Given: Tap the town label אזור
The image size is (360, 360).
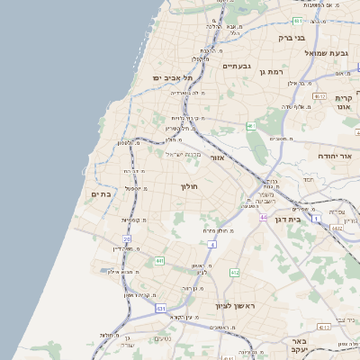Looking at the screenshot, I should tap(216, 157).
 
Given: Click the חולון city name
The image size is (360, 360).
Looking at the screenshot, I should tap(189, 186).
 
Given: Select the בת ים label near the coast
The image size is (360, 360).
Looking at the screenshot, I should tap(101, 193).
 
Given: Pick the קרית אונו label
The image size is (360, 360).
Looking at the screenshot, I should tap(343, 102).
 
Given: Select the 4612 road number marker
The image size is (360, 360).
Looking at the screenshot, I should tap(319, 95).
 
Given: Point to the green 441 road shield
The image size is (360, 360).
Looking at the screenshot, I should tap(159, 261).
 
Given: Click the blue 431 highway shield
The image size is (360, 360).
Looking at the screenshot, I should tap(160, 309).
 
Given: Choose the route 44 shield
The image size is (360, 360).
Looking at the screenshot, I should tap(263, 218).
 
